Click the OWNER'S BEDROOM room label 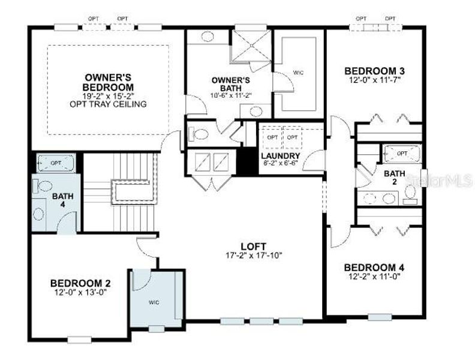[x=108, y=82]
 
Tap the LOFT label [x=250, y=246]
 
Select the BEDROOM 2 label [x=80, y=283]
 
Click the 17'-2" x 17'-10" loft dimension [x=250, y=256]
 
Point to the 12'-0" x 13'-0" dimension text [x=80, y=292]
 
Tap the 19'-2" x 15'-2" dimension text [x=108, y=95]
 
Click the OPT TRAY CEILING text [x=108, y=104]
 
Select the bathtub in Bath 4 [x=56, y=163]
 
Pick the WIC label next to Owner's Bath [x=298, y=73]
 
